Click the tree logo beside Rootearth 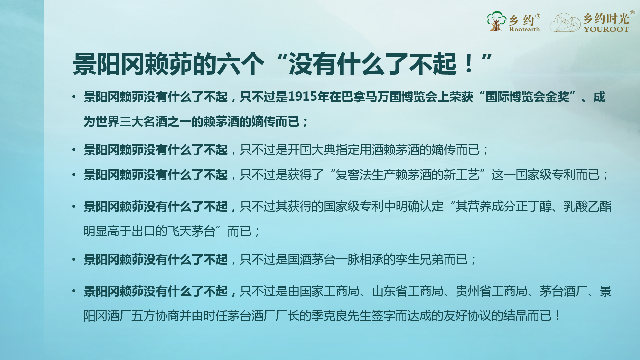(496, 21)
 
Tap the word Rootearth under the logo (524, 29)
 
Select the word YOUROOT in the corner (606, 29)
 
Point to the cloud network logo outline (565, 23)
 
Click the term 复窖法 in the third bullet (353, 175)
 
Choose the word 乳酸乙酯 (588, 206)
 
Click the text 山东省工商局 (407, 291)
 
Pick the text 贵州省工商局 (491, 291)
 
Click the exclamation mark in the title (469, 64)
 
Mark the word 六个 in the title (241, 64)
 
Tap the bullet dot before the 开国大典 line (74, 150)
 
